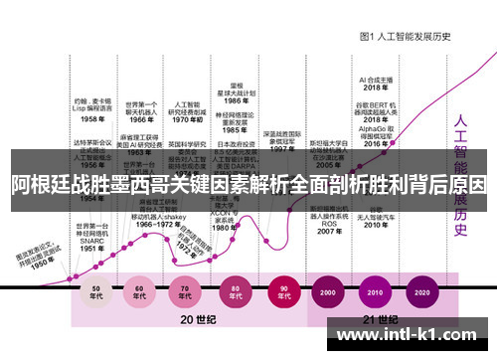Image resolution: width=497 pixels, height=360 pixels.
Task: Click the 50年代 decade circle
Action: tap(96, 294)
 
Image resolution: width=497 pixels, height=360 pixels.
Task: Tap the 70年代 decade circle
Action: tap(187, 294)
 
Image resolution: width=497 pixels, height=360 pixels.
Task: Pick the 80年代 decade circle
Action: tap(233, 294)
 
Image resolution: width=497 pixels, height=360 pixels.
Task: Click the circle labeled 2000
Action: tap(328, 294)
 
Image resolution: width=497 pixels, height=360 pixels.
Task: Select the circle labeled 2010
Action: tap(374, 294)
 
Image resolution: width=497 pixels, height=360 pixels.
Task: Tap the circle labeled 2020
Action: tap(420, 294)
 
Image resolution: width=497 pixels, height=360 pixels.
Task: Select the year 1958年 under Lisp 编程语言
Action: tap(93, 117)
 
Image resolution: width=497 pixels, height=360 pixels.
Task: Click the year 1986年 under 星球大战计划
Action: tap(236, 100)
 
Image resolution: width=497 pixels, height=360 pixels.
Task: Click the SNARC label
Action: tap(91, 241)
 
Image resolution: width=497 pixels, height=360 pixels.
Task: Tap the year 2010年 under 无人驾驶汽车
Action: tap(374, 225)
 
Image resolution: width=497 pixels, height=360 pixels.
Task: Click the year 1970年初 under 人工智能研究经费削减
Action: tap(188, 118)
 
